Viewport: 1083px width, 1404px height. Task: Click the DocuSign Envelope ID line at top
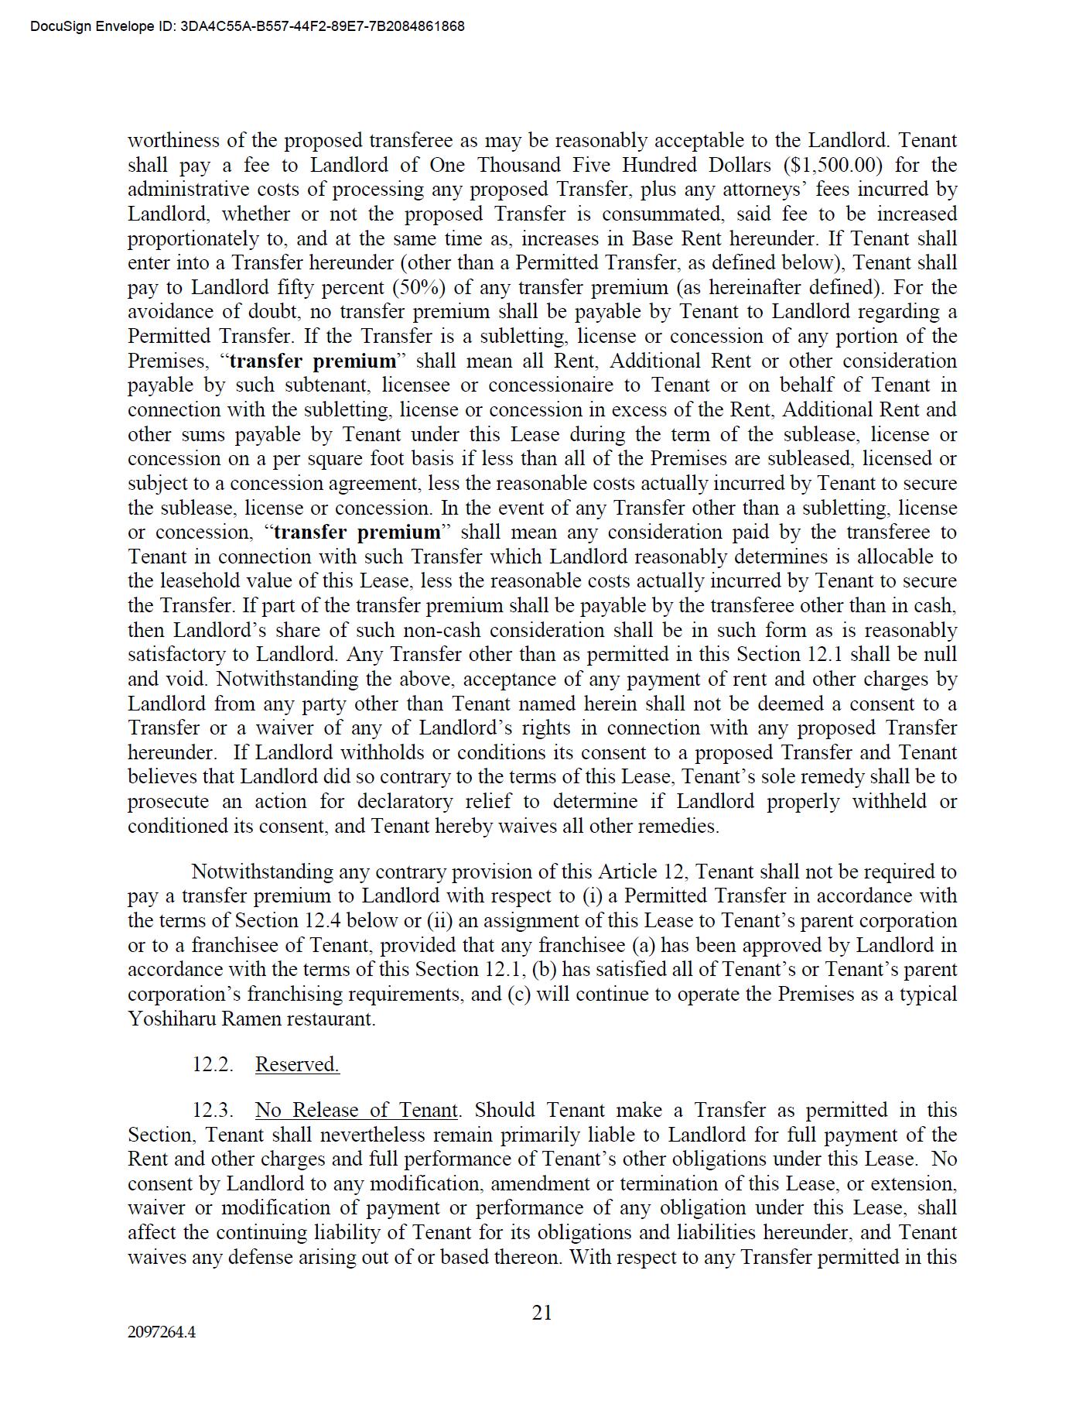pyautogui.click(x=248, y=26)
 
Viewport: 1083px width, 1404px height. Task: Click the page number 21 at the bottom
pyautogui.click(x=542, y=1313)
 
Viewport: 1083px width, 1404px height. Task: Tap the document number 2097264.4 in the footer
pyautogui.click(x=162, y=1332)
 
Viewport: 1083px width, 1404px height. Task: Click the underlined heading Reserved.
pyautogui.click(x=297, y=1064)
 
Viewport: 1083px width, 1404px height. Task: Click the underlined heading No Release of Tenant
pyautogui.click(x=357, y=1110)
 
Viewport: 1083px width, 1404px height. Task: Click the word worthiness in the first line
pyautogui.click(x=177, y=141)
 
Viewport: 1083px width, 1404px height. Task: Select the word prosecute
pyautogui.click(x=168, y=801)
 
